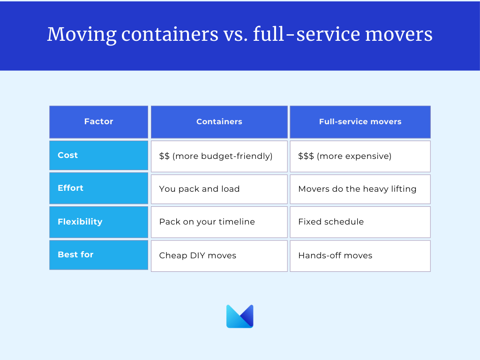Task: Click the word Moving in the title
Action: pyautogui.click(x=82, y=35)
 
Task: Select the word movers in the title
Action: pyautogui.click(x=399, y=34)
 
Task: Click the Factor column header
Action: pyautogui.click(x=98, y=122)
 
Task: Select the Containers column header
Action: pyautogui.click(x=219, y=122)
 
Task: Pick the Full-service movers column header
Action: pyautogui.click(x=360, y=122)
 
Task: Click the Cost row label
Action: pyautogui.click(x=98, y=156)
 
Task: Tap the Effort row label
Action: pyautogui.click(x=98, y=188)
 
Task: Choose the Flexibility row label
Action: pyautogui.click(x=98, y=222)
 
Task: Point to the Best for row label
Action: pyautogui.click(x=98, y=255)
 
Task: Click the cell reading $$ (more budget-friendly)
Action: pyautogui.click(x=219, y=157)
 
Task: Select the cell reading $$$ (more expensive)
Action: pyautogui.click(x=360, y=157)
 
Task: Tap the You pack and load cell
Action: pyautogui.click(x=219, y=189)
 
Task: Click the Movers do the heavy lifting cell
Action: pyautogui.click(x=360, y=189)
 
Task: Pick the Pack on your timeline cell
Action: pyautogui.click(x=219, y=222)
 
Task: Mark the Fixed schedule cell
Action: pyautogui.click(x=360, y=222)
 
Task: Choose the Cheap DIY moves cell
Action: pyautogui.click(x=219, y=256)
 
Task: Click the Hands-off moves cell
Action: pyautogui.click(x=360, y=256)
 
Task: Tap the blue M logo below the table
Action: pyautogui.click(x=240, y=316)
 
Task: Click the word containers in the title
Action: pyautogui.click(x=170, y=34)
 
